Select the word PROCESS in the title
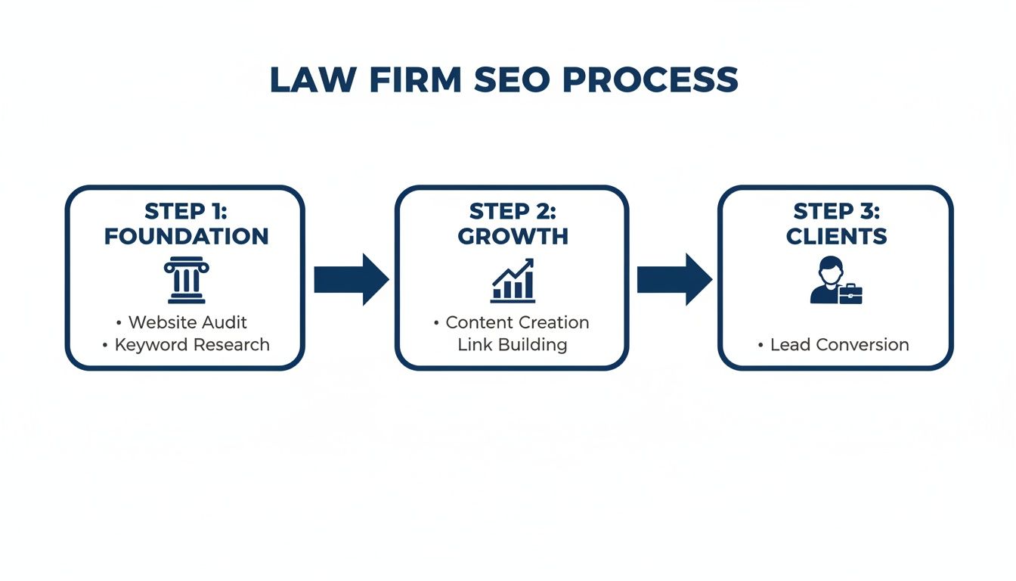point(650,80)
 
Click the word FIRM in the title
point(413,80)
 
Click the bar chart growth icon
point(513,281)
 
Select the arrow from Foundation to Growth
point(351,279)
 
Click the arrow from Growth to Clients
point(674,279)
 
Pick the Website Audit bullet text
point(187,322)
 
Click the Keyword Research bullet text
point(192,345)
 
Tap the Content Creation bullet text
point(517,322)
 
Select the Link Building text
point(512,345)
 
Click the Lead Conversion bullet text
point(839,345)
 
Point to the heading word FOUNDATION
point(186,237)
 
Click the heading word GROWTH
point(513,237)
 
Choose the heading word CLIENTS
point(836,237)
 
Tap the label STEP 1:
point(186,211)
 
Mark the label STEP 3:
point(836,211)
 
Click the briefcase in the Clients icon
point(850,294)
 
